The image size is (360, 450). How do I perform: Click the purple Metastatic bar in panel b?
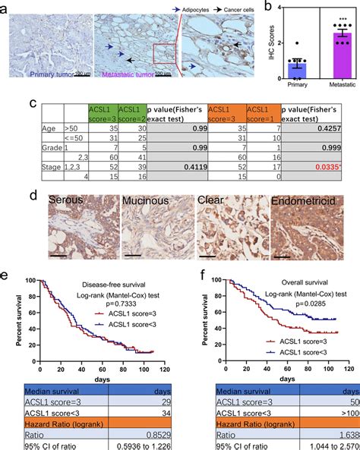[343, 57]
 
